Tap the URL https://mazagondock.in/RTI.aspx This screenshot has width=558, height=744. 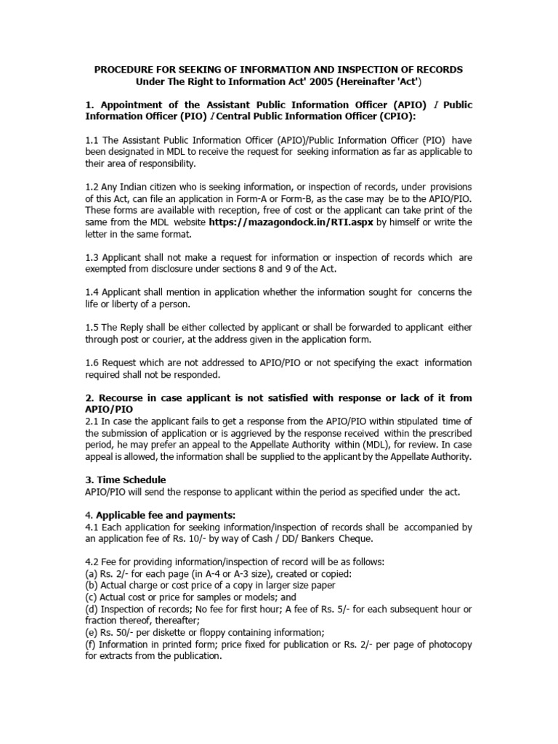click(291, 222)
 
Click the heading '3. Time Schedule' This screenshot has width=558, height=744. click(126, 480)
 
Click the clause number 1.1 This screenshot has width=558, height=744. click(93, 139)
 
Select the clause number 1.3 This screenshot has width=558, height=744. click(93, 256)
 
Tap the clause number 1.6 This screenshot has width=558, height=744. click(93, 363)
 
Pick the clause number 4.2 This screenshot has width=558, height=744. click(93, 562)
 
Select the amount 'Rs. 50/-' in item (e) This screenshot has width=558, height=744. click(118, 632)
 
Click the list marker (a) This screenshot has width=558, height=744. click(92, 574)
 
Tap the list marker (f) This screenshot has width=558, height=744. click(92, 644)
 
